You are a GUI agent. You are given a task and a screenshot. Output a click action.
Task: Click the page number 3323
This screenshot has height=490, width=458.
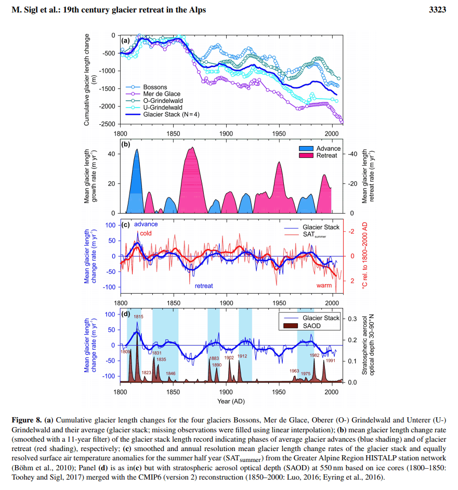[x=437, y=10]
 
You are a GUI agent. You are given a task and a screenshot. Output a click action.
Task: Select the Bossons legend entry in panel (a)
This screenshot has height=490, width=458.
[x=155, y=87]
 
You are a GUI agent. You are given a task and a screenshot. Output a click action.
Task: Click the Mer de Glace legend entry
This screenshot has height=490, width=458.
[x=162, y=94]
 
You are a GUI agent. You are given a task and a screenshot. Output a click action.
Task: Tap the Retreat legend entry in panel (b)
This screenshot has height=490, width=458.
[x=327, y=155]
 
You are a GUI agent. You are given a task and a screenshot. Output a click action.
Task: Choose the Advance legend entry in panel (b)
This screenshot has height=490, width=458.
[x=328, y=148]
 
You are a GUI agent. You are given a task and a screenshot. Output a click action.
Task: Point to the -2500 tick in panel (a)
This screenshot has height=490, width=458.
[x=107, y=125]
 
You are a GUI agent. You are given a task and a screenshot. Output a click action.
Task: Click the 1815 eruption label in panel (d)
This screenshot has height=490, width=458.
[x=138, y=316]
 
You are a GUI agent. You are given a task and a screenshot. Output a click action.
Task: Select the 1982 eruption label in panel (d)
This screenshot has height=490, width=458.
[x=315, y=355]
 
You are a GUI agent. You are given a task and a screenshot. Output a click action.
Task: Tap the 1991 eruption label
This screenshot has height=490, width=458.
[x=330, y=361]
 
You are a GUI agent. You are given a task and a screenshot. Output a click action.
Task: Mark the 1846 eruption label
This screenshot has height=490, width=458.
[x=171, y=374]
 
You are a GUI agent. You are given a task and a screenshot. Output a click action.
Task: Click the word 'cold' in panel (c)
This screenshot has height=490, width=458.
[x=146, y=234]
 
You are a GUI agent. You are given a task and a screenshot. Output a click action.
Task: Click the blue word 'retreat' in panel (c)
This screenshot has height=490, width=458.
[x=204, y=286]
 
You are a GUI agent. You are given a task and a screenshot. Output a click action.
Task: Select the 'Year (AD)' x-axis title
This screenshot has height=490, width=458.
[x=231, y=402]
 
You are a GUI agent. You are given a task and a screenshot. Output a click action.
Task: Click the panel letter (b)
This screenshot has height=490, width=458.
[x=125, y=145]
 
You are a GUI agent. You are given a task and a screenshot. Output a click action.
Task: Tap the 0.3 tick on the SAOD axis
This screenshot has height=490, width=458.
[x=352, y=318]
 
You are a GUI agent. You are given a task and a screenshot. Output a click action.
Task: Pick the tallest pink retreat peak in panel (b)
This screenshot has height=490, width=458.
[x=192, y=149]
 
